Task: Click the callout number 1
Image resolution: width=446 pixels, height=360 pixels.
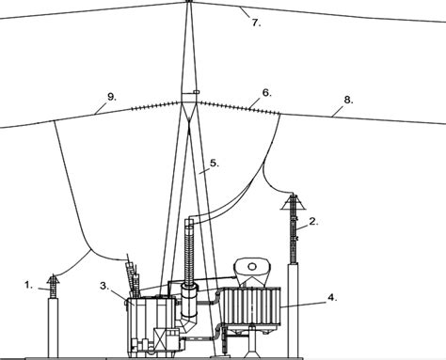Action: [x=29, y=282]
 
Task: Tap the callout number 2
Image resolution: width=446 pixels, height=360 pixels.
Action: [x=312, y=223]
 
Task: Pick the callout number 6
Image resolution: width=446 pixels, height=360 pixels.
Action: [x=266, y=93]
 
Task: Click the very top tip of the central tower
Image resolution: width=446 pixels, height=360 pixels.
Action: [x=188, y=2]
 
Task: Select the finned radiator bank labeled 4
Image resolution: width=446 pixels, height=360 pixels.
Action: [x=249, y=310]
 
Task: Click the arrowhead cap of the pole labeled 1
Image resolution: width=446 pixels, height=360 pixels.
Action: [x=52, y=279]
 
